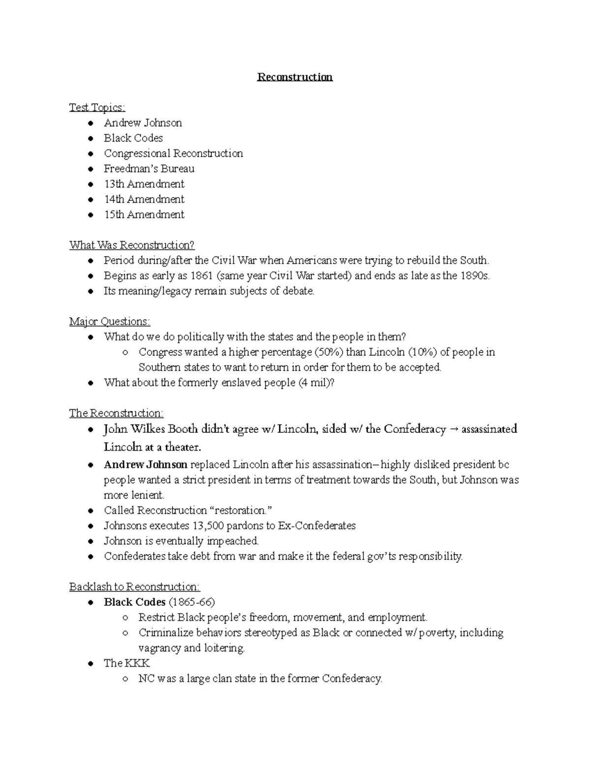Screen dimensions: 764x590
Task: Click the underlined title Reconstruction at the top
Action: click(x=295, y=77)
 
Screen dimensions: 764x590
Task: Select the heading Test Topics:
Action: click(x=97, y=107)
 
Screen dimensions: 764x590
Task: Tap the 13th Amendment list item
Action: click(x=144, y=184)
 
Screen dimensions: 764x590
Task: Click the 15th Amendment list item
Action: click(x=144, y=214)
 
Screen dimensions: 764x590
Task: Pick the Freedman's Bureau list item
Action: click(x=149, y=169)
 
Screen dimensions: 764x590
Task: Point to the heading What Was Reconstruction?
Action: click(x=132, y=245)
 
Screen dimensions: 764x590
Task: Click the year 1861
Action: click(x=202, y=275)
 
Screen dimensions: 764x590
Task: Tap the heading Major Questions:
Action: click(x=110, y=322)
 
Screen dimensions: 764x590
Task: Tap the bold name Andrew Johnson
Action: click(x=146, y=464)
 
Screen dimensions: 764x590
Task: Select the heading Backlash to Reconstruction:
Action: click(x=134, y=587)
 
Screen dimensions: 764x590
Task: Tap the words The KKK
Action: click(x=126, y=663)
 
